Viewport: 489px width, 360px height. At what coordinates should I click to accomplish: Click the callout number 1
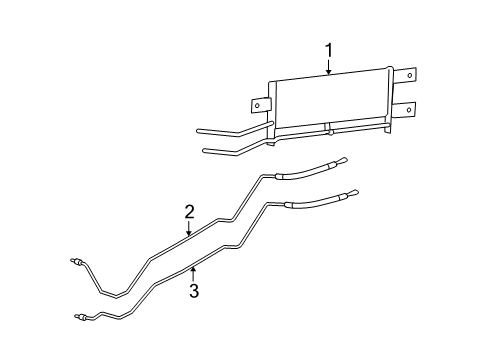(329, 49)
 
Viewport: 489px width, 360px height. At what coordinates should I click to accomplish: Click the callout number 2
(188, 211)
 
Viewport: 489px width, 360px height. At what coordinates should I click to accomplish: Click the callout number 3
(195, 291)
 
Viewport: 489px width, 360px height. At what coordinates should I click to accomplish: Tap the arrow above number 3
(194, 272)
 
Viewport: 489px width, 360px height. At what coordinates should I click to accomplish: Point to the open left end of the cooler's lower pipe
(205, 152)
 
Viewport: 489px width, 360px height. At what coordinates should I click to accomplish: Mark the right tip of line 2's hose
(344, 158)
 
